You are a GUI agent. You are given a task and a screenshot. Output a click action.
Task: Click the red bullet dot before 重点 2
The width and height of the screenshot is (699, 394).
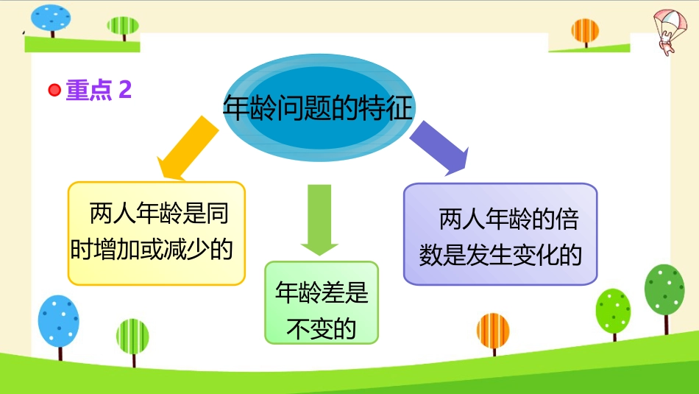54,90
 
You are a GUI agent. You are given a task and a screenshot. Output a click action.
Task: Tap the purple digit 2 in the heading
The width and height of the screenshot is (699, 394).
125,90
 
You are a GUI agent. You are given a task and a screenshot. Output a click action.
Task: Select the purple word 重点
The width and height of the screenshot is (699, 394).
89,90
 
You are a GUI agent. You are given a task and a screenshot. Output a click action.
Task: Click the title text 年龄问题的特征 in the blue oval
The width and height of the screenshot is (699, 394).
318,108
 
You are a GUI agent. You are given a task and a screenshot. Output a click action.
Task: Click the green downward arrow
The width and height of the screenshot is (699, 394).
319,219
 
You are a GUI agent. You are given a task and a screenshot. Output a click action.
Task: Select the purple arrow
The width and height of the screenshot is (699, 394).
439,148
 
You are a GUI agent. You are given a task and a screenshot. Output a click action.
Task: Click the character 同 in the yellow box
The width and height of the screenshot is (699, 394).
217,214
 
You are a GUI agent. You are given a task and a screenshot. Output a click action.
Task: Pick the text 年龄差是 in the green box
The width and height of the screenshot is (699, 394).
322,292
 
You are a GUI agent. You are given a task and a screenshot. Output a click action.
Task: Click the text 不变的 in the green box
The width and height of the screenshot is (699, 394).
322,329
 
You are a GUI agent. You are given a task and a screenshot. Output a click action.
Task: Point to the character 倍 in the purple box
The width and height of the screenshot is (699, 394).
567,219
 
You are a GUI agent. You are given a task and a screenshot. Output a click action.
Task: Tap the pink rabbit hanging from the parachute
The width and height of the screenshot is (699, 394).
666,46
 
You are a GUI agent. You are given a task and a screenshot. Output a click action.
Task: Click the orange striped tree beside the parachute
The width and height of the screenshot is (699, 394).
585,32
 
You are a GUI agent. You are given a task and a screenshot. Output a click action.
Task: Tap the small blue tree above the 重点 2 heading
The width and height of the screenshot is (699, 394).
50,21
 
